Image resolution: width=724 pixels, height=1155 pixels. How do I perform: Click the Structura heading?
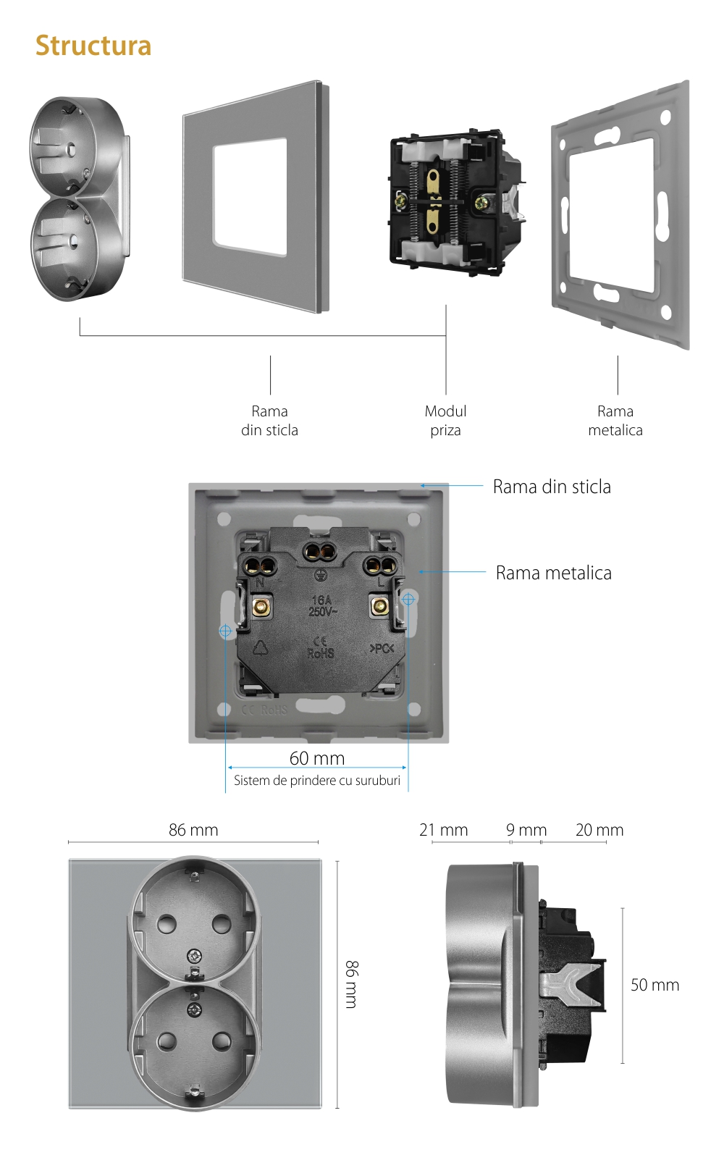coord(93,46)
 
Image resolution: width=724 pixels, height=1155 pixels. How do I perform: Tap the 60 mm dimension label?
coord(317,758)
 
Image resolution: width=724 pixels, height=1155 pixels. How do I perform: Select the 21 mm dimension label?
coord(444,830)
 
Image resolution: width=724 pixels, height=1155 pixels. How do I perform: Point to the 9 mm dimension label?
coord(526,830)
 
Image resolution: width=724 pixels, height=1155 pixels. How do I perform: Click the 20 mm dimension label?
coord(599,830)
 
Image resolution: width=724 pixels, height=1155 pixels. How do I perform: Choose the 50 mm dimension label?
coord(654,985)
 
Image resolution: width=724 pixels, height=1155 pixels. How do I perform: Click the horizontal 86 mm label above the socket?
coord(193,830)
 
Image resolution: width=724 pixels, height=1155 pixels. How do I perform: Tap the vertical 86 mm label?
coord(351,984)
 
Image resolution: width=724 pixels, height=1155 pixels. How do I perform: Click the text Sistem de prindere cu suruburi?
coord(317,781)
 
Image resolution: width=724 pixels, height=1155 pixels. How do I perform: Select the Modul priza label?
coord(445,421)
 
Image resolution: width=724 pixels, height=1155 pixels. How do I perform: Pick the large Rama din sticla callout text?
coord(552,487)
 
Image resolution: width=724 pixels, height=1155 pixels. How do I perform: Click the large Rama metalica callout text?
coord(554,573)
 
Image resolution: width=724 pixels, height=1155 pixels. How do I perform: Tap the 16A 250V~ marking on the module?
coord(321,605)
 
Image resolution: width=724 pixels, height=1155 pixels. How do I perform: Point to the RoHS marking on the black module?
coord(321,652)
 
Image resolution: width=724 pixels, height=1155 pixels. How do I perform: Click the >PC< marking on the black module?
coord(382,648)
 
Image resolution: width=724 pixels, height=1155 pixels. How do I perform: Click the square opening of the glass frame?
coord(250,198)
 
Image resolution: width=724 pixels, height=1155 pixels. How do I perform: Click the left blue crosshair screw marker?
coord(225,631)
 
